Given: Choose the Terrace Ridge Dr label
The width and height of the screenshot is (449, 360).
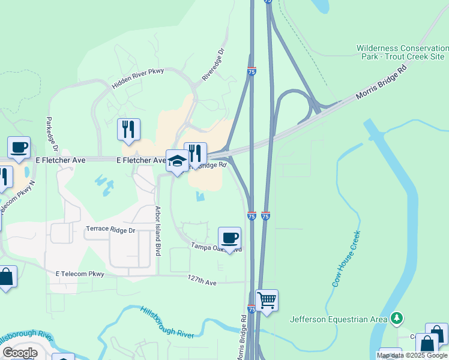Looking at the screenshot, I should (111, 229).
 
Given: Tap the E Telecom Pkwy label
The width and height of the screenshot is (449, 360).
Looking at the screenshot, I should (80, 274).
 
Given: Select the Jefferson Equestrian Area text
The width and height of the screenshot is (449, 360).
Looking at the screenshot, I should (339, 319).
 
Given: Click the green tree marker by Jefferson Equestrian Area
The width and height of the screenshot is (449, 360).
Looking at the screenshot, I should (396, 318).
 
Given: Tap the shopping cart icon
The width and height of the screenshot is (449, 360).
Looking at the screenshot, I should (267, 299).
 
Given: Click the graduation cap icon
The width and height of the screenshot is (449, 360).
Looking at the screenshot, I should (177, 160).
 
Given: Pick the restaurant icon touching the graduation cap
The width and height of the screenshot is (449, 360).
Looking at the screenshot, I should (195, 154).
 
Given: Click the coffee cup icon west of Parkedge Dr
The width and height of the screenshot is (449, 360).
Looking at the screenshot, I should (19, 147).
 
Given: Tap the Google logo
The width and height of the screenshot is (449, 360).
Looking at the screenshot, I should (20, 353).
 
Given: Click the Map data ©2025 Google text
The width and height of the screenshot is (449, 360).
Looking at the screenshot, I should (412, 355).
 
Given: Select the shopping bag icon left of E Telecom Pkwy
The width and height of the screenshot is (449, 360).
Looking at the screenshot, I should (5, 277).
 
